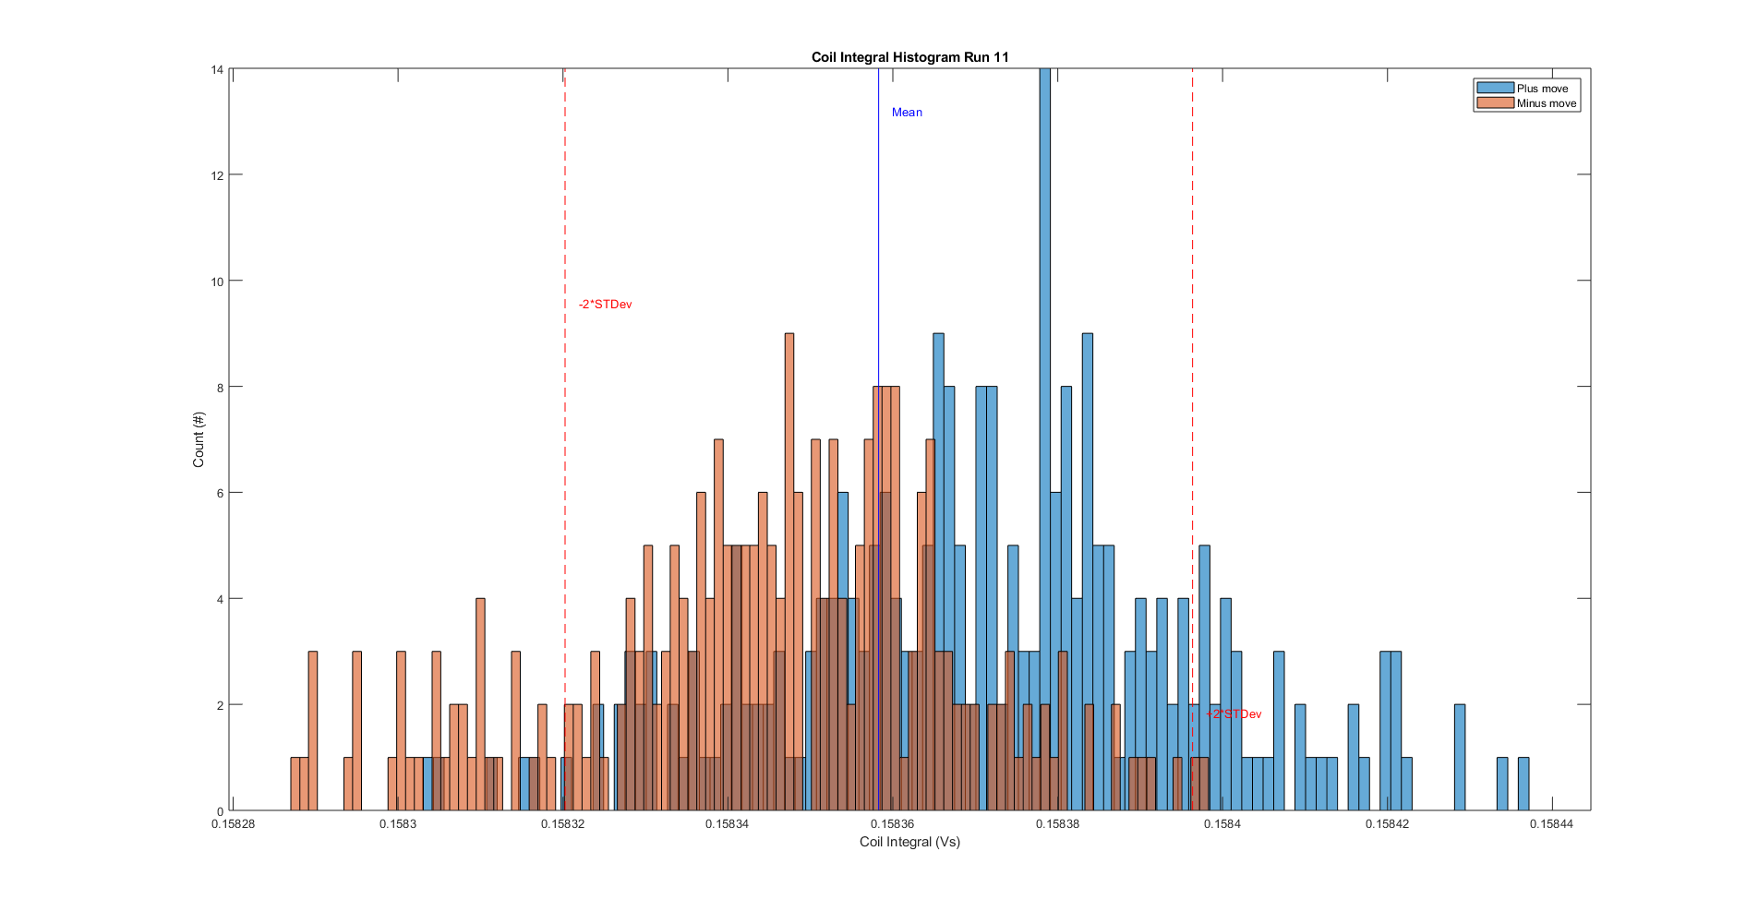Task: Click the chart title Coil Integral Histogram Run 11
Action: tap(909, 57)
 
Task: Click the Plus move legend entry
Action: tap(1542, 89)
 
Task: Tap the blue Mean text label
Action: tap(907, 113)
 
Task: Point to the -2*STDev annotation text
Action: tap(605, 305)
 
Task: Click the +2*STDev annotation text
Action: tap(1234, 714)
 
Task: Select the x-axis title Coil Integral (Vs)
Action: tap(909, 842)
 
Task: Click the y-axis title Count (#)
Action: tap(199, 439)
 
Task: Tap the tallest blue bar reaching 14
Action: tap(1044, 369)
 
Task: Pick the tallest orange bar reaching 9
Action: tap(789, 517)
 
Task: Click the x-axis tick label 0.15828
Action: tap(233, 824)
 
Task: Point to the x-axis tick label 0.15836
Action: tap(892, 824)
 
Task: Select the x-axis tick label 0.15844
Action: tap(1551, 824)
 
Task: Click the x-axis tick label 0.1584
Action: tap(1222, 824)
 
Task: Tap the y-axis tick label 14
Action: tap(217, 70)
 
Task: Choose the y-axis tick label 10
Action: tap(217, 282)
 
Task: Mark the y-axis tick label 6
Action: tap(220, 493)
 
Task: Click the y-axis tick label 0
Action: tap(220, 811)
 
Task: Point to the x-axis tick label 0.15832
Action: tap(562, 824)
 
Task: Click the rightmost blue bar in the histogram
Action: tap(1523, 785)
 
